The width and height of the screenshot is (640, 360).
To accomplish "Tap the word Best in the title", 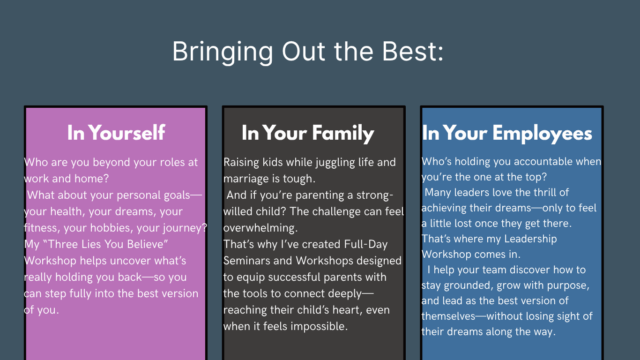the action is coord(409,52).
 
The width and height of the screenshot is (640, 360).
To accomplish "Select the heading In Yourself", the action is coord(116,133).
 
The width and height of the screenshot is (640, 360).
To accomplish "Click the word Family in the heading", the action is coord(343,134).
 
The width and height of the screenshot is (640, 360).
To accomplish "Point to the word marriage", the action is coord(246,179).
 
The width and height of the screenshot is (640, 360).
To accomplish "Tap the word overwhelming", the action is coord(260,228).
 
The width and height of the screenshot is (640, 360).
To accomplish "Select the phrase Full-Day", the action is coord(366,245).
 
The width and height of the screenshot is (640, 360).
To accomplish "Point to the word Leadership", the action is coord(530,239).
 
